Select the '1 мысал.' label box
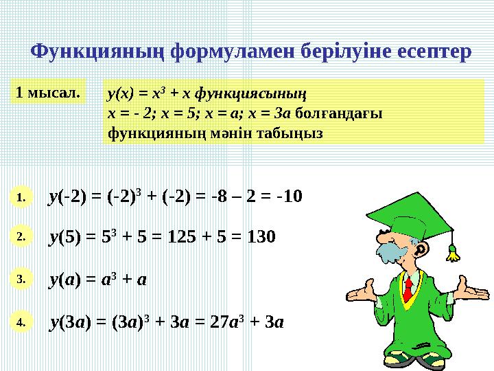coord(48,91)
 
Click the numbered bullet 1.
coord(21,197)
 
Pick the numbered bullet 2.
coord(21,236)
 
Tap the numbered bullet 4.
coord(21,321)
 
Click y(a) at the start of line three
coord(67,280)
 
